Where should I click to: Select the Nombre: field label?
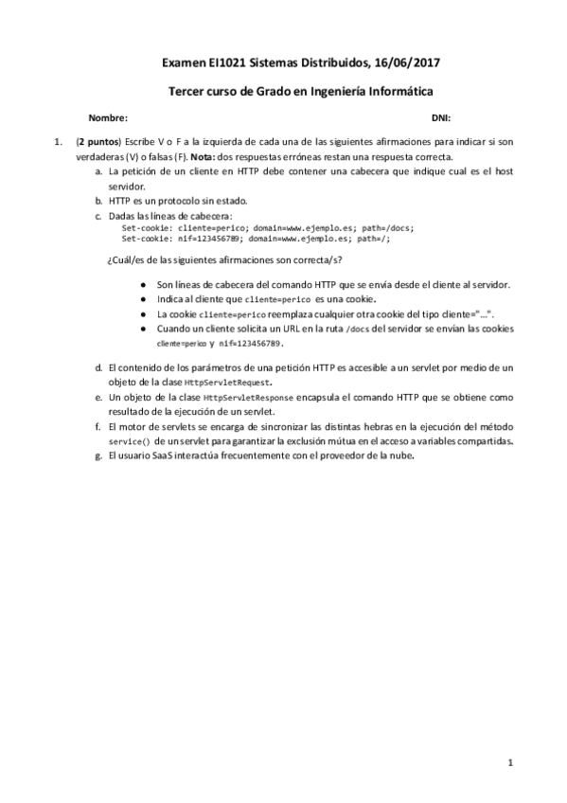point(107,118)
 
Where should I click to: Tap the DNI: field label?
point(441,118)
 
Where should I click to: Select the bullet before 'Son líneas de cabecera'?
point(142,284)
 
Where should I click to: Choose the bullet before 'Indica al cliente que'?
point(142,298)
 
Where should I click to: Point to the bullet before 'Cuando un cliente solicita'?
point(142,328)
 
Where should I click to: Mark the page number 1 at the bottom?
point(509,762)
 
